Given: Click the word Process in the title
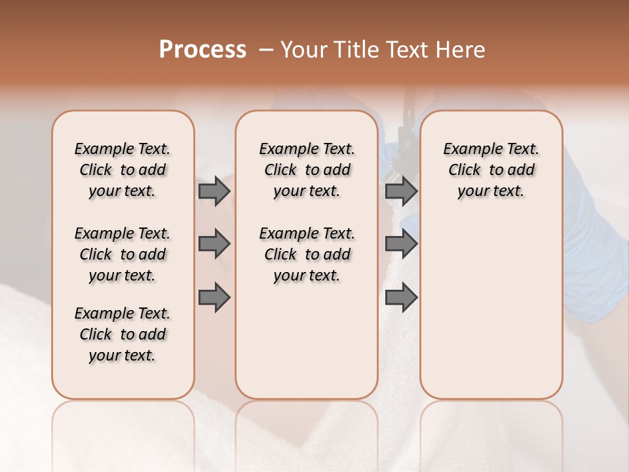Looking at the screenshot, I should (x=202, y=50).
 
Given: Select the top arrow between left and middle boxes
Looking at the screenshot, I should (x=214, y=191).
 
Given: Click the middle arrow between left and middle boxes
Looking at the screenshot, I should (x=214, y=245).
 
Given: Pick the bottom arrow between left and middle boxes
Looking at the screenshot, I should (x=214, y=298).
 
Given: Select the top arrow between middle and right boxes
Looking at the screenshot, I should (x=401, y=191).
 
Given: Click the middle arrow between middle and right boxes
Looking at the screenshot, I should (x=401, y=245).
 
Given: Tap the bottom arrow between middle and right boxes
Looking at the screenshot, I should (x=401, y=298).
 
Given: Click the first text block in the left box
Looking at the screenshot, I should (x=123, y=170).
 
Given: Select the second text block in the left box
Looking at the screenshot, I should (x=123, y=254).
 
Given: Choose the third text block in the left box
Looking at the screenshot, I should (x=123, y=334).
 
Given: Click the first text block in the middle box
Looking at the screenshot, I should (x=307, y=170).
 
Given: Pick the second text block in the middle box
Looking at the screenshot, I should (x=307, y=254).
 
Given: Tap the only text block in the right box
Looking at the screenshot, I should (x=491, y=170).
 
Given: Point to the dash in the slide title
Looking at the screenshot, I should (x=266, y=50).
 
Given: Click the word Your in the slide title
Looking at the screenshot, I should (x=304, y=50).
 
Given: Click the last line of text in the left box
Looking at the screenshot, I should (x=123, y=355).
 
